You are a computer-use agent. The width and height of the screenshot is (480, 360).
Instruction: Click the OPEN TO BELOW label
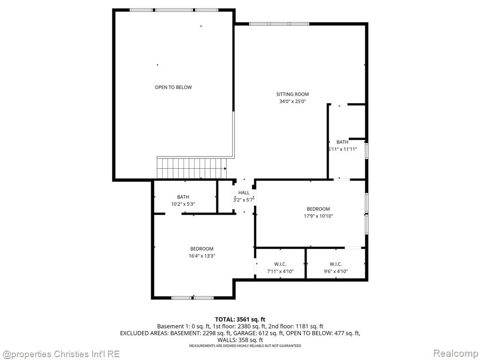point(173,87)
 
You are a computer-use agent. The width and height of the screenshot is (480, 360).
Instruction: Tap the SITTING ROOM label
point(292,94)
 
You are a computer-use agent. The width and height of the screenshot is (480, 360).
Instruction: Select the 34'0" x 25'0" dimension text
point(292,101)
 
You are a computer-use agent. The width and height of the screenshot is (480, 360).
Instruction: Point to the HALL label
point(244,193)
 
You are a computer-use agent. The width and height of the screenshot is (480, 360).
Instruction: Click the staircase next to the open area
point(192,168)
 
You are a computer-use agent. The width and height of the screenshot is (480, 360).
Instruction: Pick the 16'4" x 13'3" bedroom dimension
point(202,256)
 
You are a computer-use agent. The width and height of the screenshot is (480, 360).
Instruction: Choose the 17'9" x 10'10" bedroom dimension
point(318,216)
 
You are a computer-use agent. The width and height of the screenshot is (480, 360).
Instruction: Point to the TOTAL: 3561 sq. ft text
point(240,320)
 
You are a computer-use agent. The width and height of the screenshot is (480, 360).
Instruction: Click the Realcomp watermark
point(455,353)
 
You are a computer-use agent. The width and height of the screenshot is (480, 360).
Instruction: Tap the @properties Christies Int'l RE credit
point(60,354)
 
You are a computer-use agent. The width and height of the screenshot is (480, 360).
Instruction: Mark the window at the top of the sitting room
point(279,24)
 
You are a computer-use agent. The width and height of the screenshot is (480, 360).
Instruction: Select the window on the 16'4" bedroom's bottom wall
point(193,298)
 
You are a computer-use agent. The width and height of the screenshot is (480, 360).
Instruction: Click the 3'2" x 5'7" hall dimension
point(244,200)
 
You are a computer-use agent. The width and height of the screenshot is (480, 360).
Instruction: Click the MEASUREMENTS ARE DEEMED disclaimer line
point(245,345)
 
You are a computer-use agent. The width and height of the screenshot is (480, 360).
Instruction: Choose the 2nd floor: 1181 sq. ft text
point(295,327)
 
